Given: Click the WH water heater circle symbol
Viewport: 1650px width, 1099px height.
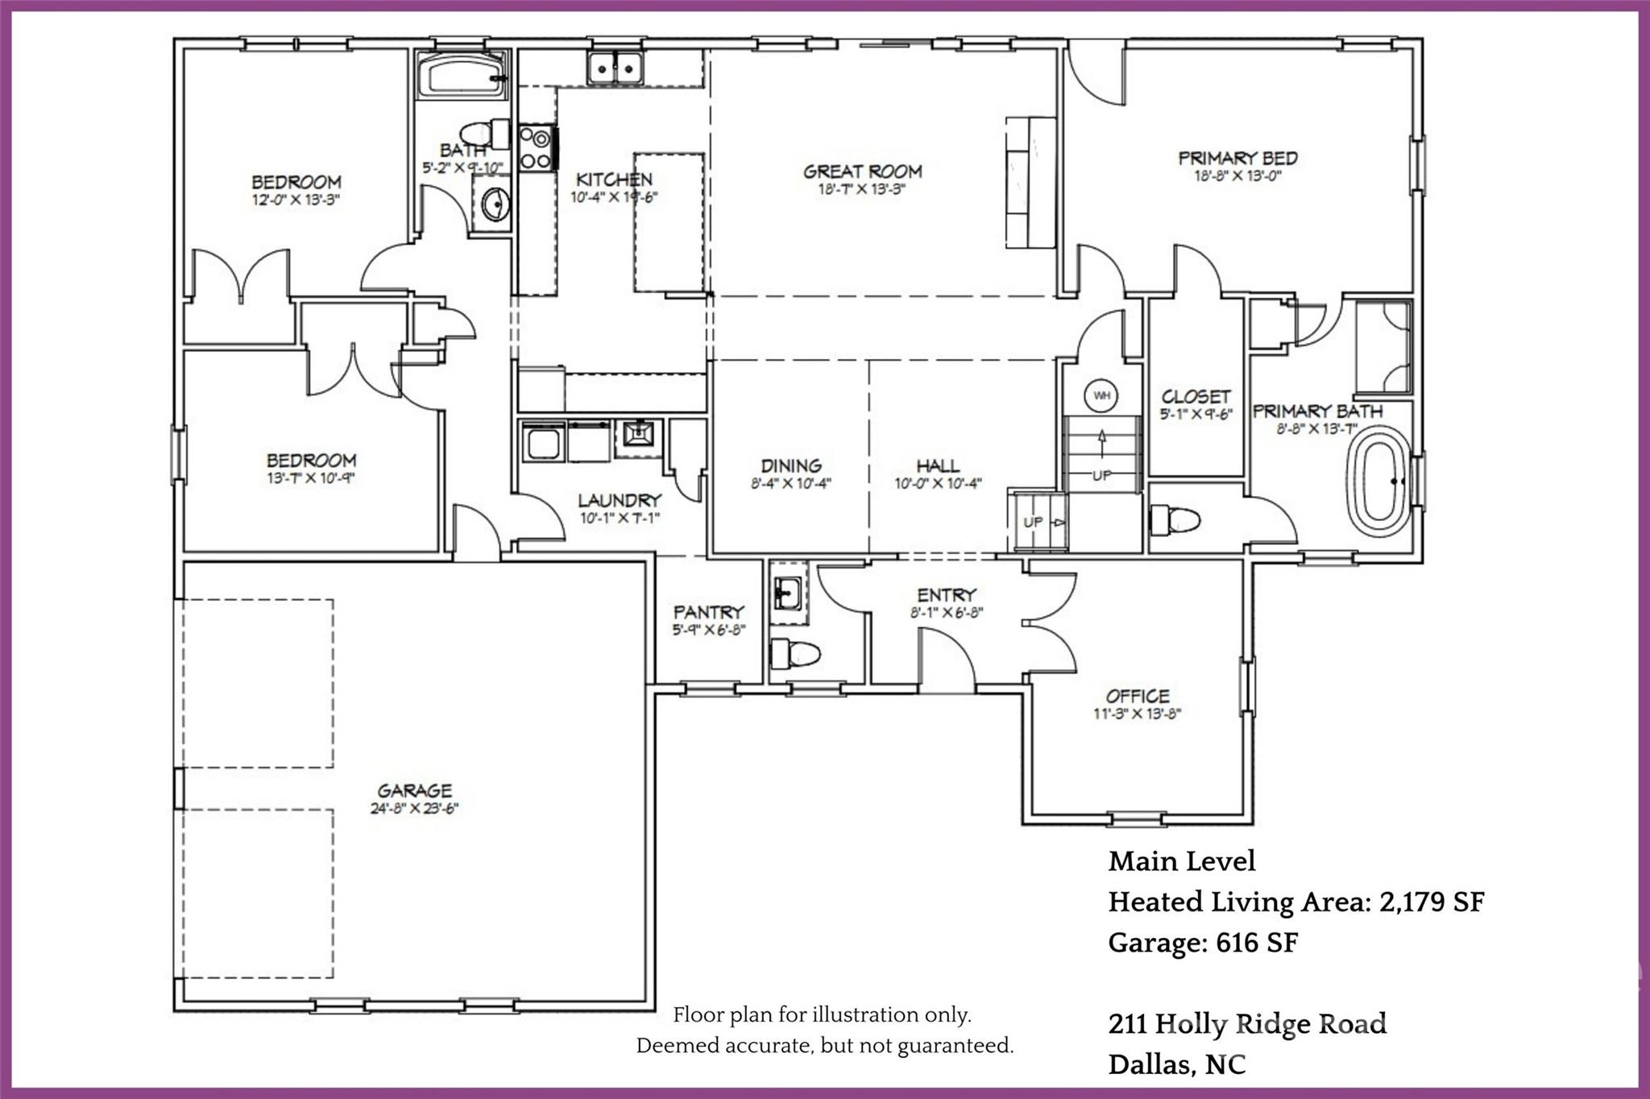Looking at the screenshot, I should (1101, 395).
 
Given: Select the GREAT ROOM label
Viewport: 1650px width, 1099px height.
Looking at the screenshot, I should (862, 171).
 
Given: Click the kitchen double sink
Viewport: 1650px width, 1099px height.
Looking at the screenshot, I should (615, 68).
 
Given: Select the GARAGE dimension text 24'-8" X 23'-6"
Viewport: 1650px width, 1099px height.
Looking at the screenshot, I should (414, 809).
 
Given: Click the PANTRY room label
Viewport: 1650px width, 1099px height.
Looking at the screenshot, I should (708, 613).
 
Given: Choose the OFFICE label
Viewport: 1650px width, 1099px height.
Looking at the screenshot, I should (1137, 696).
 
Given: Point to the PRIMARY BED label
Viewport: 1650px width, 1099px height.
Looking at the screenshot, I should (1237, 159).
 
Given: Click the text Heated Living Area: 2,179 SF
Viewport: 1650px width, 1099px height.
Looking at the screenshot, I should (1296, 902).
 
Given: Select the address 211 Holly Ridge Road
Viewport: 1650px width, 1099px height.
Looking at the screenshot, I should (1247, 1024).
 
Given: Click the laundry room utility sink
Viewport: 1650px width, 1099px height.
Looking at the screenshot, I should (639, 436).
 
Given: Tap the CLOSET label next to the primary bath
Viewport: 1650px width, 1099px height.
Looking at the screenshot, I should (1196, 397).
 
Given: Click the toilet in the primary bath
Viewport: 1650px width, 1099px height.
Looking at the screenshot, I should (1175, 519).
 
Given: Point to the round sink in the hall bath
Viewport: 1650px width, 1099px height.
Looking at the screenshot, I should (495, 205).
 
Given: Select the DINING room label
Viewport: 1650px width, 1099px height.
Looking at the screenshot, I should (790, 465).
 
